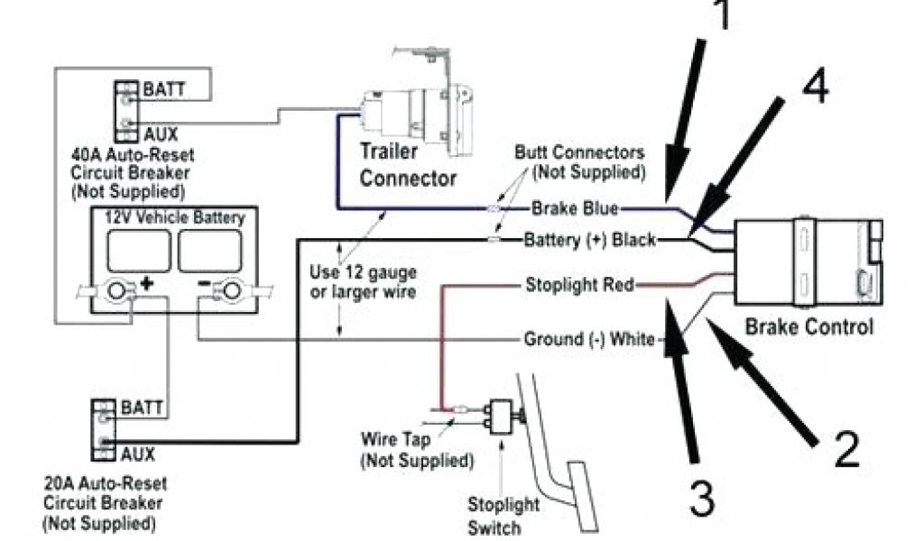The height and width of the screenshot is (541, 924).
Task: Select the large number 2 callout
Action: click(846, 448)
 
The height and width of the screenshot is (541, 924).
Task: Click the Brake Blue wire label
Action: click(574, 209)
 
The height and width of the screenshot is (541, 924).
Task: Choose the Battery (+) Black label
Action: click(590, 241)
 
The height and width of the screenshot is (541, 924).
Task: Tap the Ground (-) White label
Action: click(591, 340)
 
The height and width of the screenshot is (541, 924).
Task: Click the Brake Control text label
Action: click(808, 326)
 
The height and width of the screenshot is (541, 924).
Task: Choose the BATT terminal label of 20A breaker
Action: click(142, 408)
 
